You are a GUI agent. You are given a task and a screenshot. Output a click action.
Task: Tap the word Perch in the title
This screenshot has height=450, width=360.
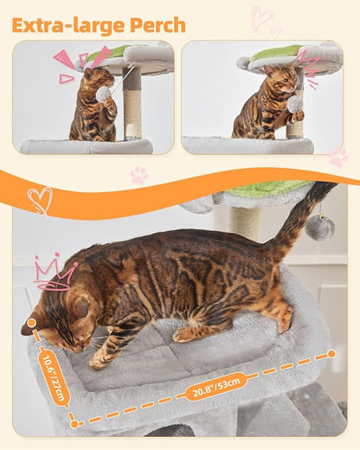click(156, 25)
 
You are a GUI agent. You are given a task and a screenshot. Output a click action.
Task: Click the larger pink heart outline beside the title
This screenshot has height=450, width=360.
click(260, 17)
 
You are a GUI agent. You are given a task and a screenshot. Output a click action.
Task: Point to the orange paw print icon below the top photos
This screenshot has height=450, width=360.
click(138, 175)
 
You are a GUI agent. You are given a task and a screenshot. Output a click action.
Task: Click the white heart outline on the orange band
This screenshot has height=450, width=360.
click(40, 201)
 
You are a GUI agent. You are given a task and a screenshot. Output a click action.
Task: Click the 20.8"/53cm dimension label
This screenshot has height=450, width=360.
click(215, 385)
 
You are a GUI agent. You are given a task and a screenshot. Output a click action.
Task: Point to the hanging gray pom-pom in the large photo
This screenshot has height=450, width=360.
click(320, 228)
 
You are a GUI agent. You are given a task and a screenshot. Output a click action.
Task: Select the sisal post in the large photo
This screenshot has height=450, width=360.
click(247, 222)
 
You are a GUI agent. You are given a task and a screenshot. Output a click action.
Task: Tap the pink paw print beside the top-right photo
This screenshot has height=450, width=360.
click(337, 157)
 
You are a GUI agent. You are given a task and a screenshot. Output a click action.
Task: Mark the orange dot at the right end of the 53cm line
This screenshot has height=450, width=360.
click(331, 354)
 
